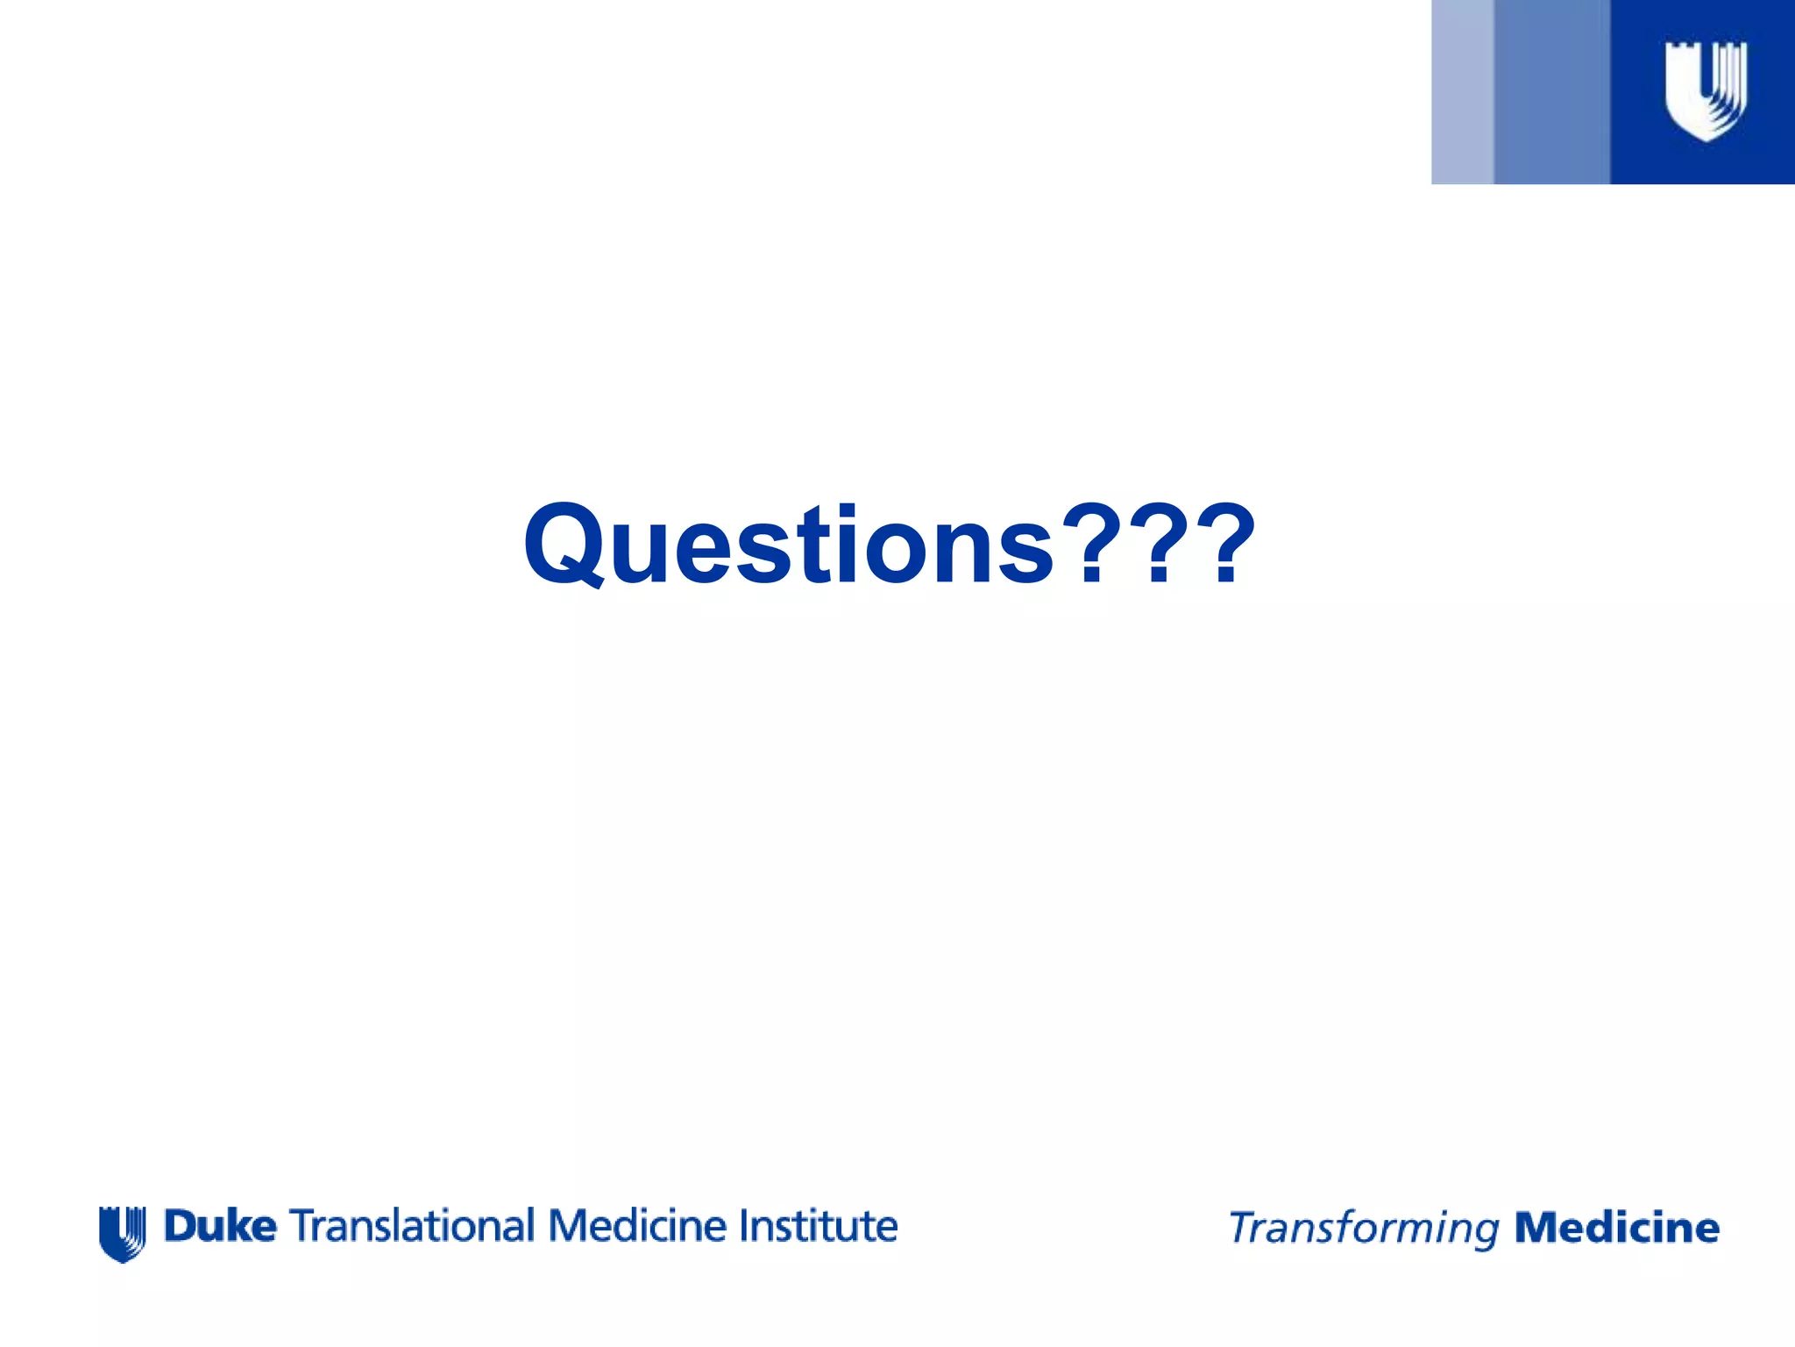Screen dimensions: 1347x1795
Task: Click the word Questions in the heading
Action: click(x=789, y=545)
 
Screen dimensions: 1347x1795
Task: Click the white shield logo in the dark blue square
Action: click(x=1705, y=90)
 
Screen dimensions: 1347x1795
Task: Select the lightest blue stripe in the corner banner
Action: click(x=1462, y=92)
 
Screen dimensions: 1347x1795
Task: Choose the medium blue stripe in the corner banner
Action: click(x=1551, y=92)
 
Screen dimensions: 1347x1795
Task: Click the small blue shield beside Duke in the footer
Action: click(x=122, y=1233)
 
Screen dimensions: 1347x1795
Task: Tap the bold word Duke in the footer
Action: click(x=220, y=1226)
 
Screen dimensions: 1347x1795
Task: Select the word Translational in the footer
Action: click(x=411, y=1226)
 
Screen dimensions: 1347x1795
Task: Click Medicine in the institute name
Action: click(x=637, y=1226)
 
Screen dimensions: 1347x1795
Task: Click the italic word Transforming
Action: click(x=1364, y=1229)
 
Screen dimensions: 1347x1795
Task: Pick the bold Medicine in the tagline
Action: click(x=1617, y=1228)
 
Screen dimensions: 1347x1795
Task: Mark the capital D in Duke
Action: click(x=179, y=1226)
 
